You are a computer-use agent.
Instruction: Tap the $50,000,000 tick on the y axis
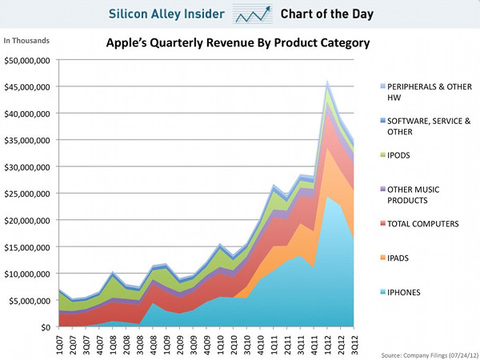[28, 60]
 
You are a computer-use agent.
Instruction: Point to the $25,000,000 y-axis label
[28, 194]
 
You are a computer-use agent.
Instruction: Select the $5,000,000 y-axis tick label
[30, 301]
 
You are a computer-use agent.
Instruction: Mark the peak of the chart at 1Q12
[328, 81]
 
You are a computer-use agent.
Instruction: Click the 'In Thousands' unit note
[27, 40]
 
